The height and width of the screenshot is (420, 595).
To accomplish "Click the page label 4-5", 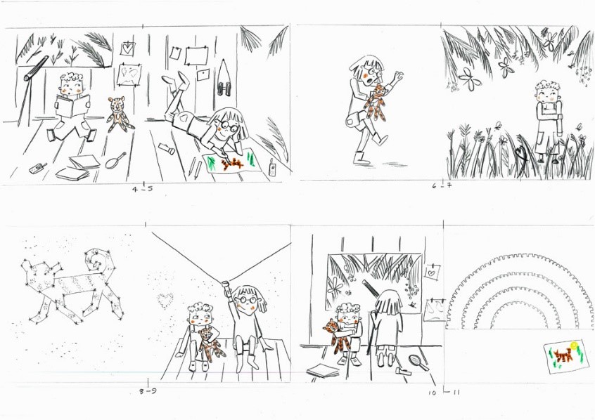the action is click(143, 188).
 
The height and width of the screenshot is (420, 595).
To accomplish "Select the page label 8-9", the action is click(148, 391).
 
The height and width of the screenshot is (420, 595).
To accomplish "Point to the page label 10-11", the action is click(444, 393).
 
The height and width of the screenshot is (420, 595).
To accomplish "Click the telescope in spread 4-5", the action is click(36, 69).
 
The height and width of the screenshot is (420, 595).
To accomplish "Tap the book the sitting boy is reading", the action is click(73, 105).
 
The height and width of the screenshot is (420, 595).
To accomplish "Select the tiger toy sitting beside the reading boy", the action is click(119, 114).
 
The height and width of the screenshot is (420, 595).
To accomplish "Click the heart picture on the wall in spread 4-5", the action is click(128, 48).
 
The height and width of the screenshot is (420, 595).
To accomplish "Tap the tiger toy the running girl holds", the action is click(378, 102).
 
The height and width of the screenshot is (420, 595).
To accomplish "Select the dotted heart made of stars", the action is click(165, 300).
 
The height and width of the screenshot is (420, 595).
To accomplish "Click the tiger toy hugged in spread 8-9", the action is click(209, 343).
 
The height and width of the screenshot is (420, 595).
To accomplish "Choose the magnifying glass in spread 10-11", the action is click(418, 362).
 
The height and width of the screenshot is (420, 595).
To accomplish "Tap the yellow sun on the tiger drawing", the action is click(574, 345).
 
